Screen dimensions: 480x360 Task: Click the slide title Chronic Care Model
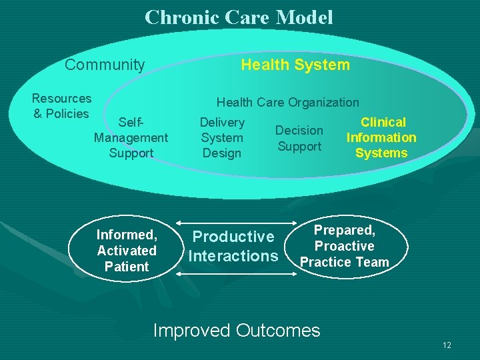(x=239, y=17)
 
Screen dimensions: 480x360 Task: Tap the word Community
(x=105, y=65)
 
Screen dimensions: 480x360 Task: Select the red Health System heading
(x=295, y=65)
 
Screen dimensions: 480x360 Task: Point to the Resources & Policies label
(x=61, y=106)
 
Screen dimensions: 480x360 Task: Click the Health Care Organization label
(x=287, y=102)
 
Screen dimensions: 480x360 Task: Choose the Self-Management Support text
(x=131, y=137)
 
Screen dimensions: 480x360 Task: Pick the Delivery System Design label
(x=222, y=137)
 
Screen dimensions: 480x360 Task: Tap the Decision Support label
(x=299, y=138)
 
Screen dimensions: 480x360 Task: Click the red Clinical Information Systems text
(x=381, y=137)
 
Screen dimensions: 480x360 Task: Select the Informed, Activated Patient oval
(x=127, y=251)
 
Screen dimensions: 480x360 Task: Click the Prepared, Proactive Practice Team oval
(x=344, y=246)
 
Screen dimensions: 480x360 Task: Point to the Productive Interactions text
(x=233, y=246)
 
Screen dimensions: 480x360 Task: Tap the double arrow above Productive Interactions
(x=233, y=223)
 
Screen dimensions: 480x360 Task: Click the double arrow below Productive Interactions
(x=233, y=272)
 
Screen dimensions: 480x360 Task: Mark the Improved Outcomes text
(x=237, y=330)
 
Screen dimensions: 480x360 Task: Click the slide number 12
(x=447, y=345)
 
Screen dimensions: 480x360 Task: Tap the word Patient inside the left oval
(x=127, y=267)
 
